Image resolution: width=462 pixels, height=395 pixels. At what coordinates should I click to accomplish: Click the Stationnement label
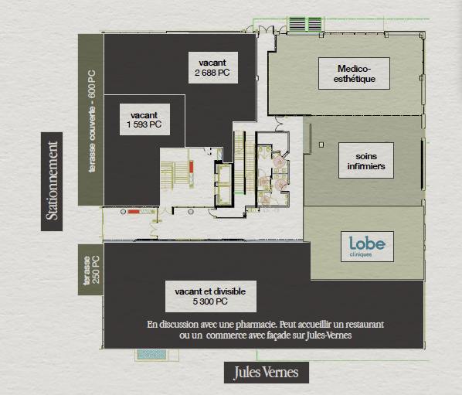pos(52,182)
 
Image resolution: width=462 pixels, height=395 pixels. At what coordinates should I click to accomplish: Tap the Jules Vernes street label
pos(267,373)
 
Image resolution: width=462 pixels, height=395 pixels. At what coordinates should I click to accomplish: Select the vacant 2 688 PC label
pos(213,67)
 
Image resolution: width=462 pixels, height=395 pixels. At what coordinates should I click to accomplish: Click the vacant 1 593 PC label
pos(144,119)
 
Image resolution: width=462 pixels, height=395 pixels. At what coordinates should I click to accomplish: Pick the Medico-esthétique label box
pos(354,73)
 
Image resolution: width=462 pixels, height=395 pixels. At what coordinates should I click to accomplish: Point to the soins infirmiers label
pos(366,160)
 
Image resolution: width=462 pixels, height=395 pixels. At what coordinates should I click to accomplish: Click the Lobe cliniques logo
pos(367,247)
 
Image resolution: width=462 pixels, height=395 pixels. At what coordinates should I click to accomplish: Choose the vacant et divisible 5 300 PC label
pos(211,296)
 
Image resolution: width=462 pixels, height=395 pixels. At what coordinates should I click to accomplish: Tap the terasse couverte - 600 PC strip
pos(90,120)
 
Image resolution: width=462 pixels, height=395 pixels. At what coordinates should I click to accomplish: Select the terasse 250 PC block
pos(90,270)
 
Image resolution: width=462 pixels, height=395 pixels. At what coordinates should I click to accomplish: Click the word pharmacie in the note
pos(256,325)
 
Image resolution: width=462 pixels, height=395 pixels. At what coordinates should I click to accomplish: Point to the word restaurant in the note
pos(365,325)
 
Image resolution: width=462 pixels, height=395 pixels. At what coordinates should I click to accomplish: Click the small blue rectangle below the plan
pos(151,354)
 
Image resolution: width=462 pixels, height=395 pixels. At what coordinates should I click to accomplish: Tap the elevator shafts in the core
pos(223,184)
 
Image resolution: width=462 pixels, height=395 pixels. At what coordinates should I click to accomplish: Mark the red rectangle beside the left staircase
pos(192,167)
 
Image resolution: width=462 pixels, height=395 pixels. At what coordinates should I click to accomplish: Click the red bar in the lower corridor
pos(134,212)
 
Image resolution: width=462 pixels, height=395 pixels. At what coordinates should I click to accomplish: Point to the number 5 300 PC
pos(210,301)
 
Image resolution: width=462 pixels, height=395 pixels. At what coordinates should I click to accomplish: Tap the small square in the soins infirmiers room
pos(321,145)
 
